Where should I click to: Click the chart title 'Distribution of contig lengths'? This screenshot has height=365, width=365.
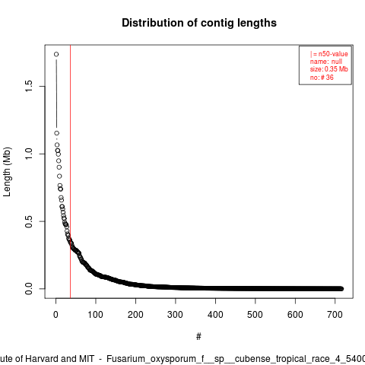(x=199, y=23)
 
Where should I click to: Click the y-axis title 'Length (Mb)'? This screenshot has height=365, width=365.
(x=7, y=172)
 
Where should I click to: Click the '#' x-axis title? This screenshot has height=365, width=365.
(x=198, y=337)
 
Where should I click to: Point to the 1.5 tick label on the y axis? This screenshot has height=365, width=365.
(x=29, y=86)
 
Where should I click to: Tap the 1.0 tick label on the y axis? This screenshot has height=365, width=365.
(x=29, y=154)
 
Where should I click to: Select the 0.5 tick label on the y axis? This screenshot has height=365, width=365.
(x=29, y=221)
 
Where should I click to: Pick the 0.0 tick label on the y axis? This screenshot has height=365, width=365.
(x=29, y=289)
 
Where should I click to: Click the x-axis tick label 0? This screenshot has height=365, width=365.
(x=56, y=315)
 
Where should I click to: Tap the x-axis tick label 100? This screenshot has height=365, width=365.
(x=95, y=315)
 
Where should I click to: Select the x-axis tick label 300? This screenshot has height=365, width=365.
(x=175, y=315)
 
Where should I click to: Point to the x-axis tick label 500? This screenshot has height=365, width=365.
(x=255, y=315)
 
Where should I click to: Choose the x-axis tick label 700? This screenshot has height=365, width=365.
(x=335, y=315)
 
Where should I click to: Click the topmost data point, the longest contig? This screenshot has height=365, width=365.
(x=56, y=54)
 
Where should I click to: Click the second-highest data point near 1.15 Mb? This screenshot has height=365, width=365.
(x=56, y=133)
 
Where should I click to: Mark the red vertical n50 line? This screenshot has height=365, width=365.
(x=70, y=171)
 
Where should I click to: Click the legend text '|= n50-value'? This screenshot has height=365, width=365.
(x=328, y=54)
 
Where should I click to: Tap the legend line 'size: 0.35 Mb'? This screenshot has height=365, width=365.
(x=328, y=69)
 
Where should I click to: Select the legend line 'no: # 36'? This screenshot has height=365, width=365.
(x=322, y=78)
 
